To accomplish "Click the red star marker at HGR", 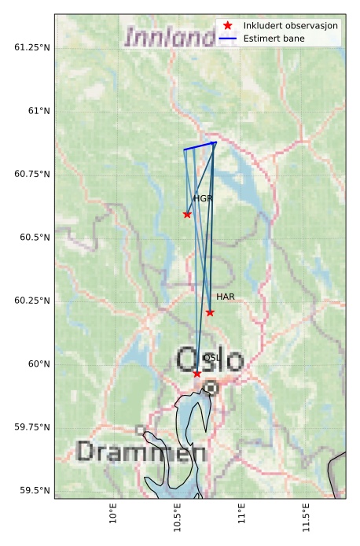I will coord(187,214).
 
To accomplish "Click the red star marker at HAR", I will coord(210,312).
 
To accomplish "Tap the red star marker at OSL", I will coord(197,373).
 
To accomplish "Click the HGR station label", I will coord(203,199).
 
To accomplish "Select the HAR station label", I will coord(226,297).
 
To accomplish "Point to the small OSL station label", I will coord(211,357).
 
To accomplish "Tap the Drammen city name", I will coord(141,452).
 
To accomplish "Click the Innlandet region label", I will coord(170,37).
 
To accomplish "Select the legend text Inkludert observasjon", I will coord(291,26).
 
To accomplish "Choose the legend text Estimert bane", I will coord(274,39).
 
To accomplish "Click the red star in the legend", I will coord(228,26).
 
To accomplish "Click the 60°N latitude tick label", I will coord(38,364).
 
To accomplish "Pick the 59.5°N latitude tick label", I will coord(34,491).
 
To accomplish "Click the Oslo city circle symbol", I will coord(211,387).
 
